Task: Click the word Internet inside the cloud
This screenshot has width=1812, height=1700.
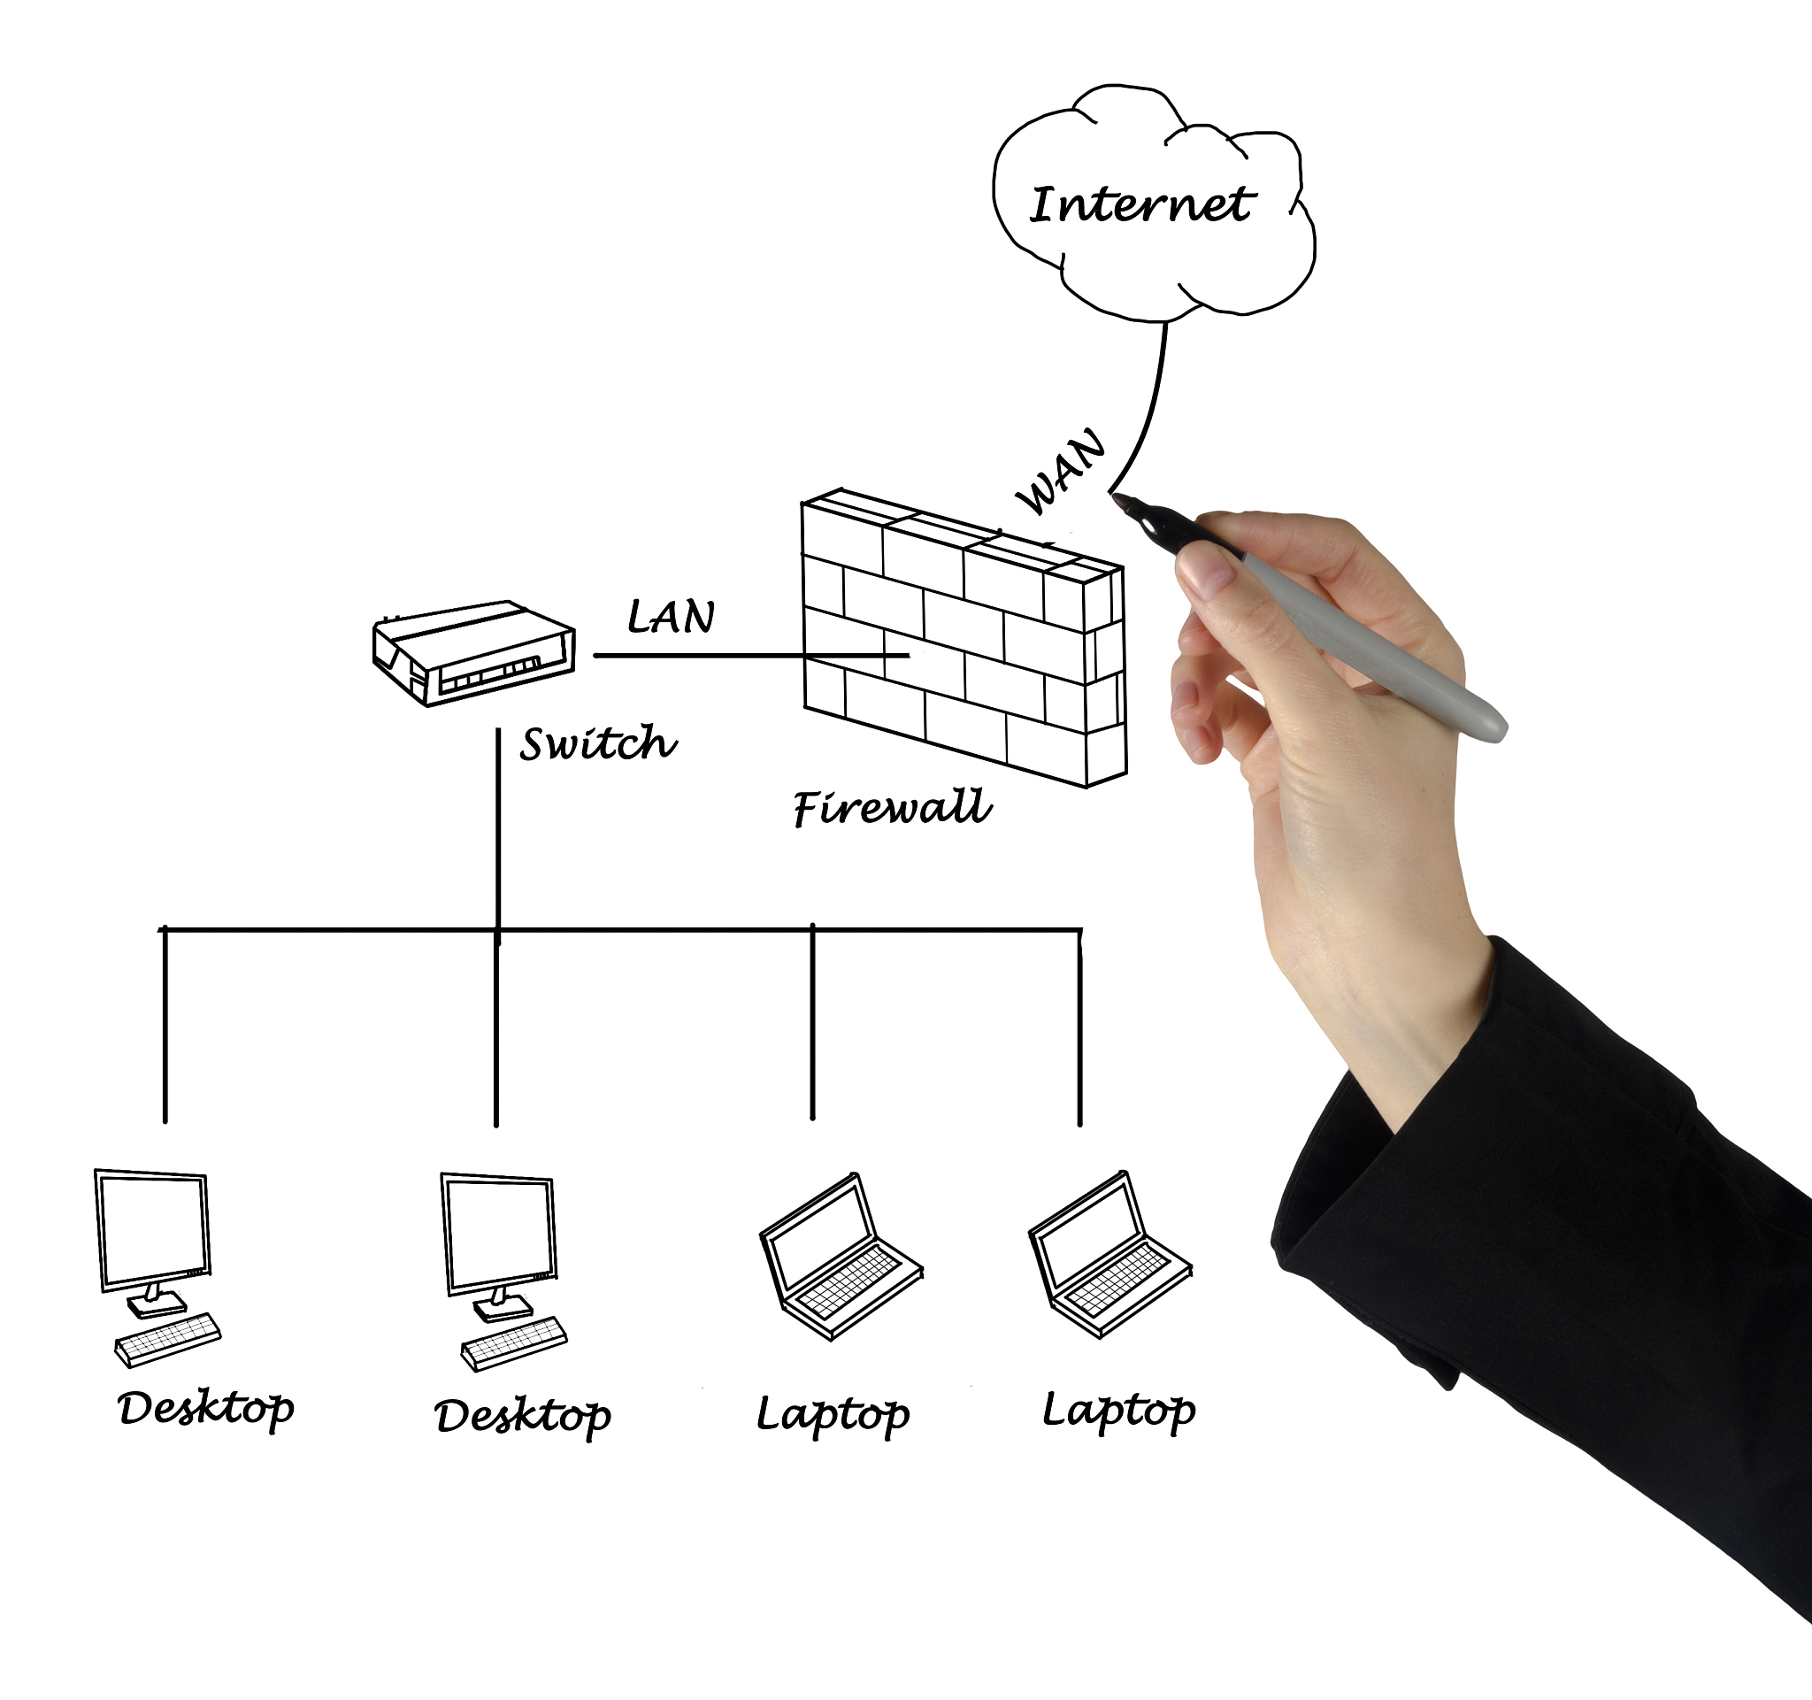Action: pyautogui.click(x=1141, y=204)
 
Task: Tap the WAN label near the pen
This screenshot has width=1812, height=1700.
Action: pyautogui.click(x=1061, y=472)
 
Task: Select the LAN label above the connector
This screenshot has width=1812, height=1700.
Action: pyautogui.click(x=671, y=617)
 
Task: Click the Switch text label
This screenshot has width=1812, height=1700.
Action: pyautogui.click(x=598, y=744)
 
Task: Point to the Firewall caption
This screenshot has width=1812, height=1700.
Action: pyautogui.click(x=892, y=808)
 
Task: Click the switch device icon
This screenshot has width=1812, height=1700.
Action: pyautogui.click(x=473, y=651)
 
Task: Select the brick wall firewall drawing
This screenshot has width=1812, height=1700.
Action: pyautogui.click(x=964, y=638)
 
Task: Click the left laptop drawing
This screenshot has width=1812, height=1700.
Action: pyautogui.click(x=841, y=1257)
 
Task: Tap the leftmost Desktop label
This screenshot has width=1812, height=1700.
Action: pyautogui.click(x=206, y=1408)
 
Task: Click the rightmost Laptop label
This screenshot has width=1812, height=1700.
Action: pyautogui.click(x=1118, y=1410)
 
